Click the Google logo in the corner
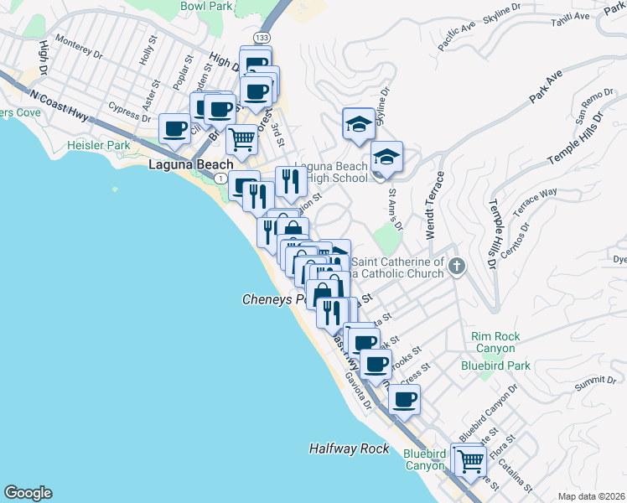(28, 493)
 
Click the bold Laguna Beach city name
(190, 165)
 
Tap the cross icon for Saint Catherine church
(456, 267)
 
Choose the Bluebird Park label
(495, 366)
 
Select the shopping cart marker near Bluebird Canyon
(471, 460)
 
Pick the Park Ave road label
(546, 88)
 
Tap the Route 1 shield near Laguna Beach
(218, 179)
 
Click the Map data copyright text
(590, 496)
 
